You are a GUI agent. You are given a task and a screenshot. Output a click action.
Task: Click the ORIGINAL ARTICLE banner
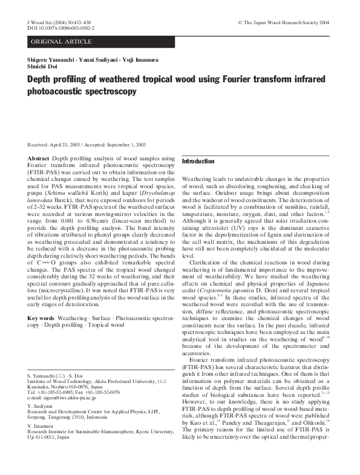[x=62, y=42]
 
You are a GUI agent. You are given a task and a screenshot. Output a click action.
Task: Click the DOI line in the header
[x=61, y=28]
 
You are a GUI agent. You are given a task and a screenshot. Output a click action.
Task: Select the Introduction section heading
[x=198, y=162]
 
